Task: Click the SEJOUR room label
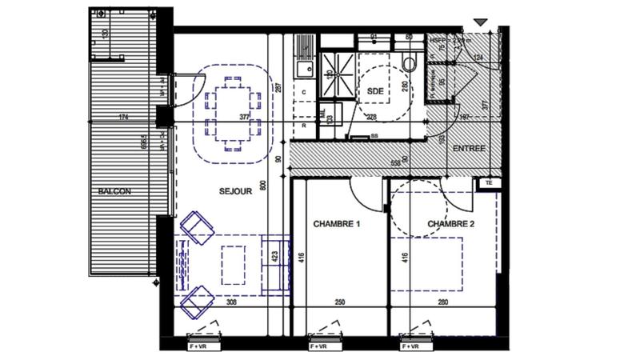pyautogui.click(x=236, y=191)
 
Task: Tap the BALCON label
pyautogui.click(x=114, y=191)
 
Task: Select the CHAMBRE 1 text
pyautogui.click(x=337, y=224)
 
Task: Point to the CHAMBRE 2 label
pyautogui.click(x=451, y=224)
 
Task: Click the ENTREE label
pyautogui.click(x=469, y=150)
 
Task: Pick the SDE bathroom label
pyautogui.click(x=375, y=91)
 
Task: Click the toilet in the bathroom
pyautogui.click(x=410, y=63)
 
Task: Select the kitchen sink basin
pyautogui.click(x=305, y=70)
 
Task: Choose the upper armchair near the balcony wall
pyautogui.click(x=197, y=227)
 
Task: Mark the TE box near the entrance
pyautogui.click(x=487, y=183)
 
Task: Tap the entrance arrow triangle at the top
pyautogui.click(x=480, y=22)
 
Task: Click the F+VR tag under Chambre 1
pyautogui.click(x=318, y=346)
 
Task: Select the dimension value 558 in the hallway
pyautogui.click(x=395, y=162)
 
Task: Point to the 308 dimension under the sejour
pyautogui.click(x=231, y=302)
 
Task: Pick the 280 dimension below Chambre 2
pyautogui.click(x=443, y=302)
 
